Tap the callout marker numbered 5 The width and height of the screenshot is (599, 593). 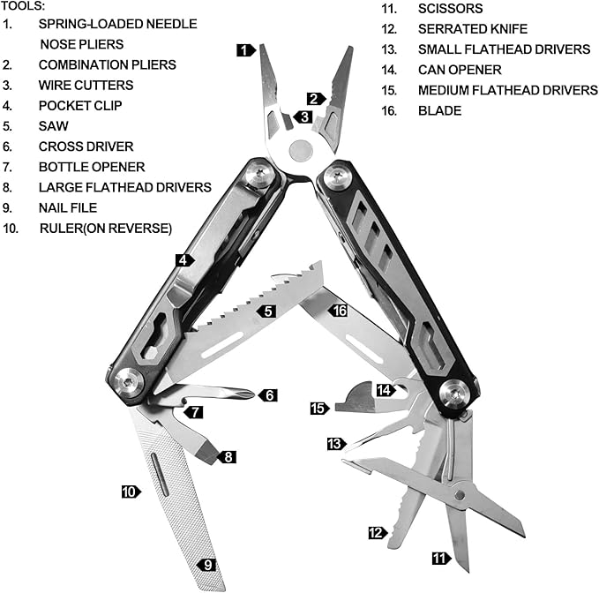point(266,311)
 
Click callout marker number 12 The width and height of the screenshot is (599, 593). point(377,532)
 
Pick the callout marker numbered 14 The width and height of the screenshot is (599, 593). point(384,389)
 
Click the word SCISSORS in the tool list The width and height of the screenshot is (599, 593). point(450,9)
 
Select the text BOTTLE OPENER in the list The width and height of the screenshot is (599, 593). point(92,167)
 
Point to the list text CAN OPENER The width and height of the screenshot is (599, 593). point(460,70)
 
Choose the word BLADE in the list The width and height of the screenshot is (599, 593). point(439,110)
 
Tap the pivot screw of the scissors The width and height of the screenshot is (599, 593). point(459,492)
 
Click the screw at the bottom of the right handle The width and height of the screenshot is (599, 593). point(455,394)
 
